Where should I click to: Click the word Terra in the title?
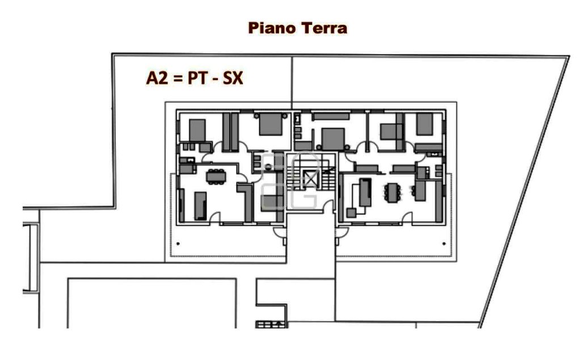pyautogui.click(x=324, y=28)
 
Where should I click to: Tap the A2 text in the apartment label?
pyautogui.click(x=157, y=78)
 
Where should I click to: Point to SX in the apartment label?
pyautogui.click(x=233, y=78)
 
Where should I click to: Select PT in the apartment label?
pyautogui.click(x=197, y=78)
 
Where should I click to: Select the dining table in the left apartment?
pyautogui.click(x=216, y=176)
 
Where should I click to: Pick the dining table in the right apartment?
pyautogui.click(x=391, y=193)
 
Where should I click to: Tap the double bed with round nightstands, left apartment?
pyautogui.click(x=271, y=124)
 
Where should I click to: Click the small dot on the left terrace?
pyautogui.click(x=178, y=243)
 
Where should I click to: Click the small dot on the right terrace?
pyautogui.click(x=444, y=243)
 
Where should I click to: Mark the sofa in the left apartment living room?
pyautogui.click(x=200, y=206)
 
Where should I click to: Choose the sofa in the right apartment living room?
pyautogui.click(x=365, y=193)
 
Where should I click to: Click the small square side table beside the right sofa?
pyautogui.click(x=351, y=213)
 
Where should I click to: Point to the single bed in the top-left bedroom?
pyautogui.click(x=197, y=130)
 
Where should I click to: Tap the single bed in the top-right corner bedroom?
pyautogui.click(x=424, y=124)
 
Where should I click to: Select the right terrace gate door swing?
pyautogui.click(x=342, y=232)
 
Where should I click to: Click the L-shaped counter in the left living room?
pyautogui.click(x=245, y=202)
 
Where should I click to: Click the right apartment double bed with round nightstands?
pyautogui.click(x=333, y=139)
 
